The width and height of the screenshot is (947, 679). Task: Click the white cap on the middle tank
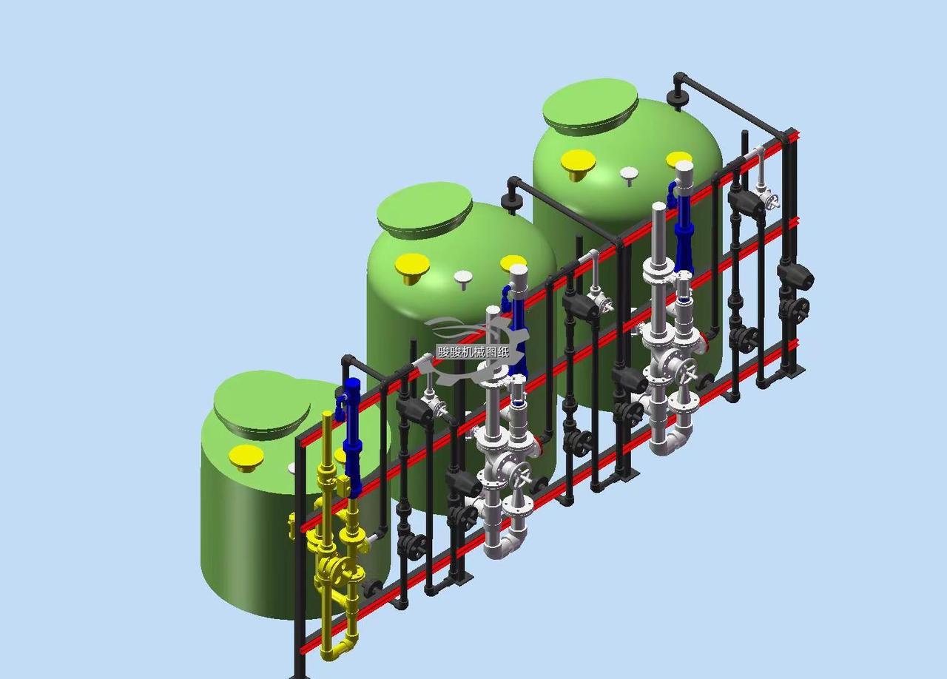point(463,279)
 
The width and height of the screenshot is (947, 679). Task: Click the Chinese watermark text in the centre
point(473,352)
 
